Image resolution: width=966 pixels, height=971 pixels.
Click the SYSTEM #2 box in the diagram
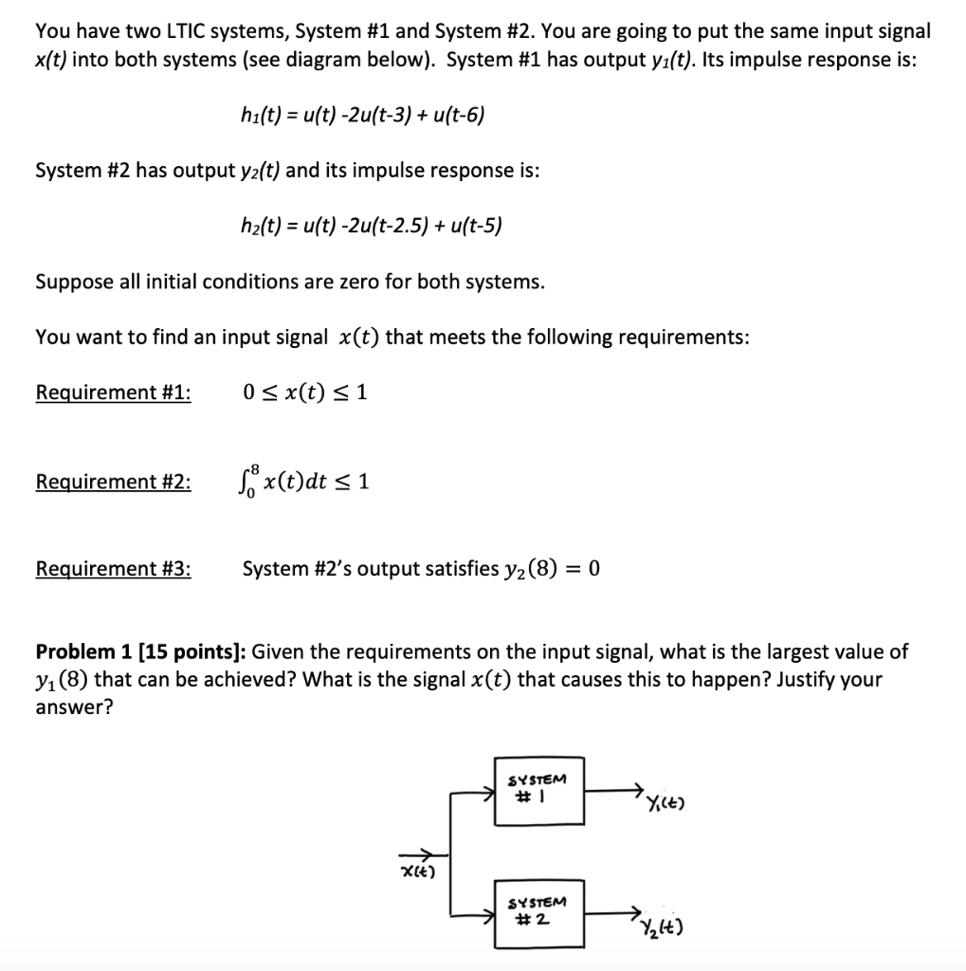pos(538,911)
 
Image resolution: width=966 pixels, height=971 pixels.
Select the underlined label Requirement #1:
pos(113,393)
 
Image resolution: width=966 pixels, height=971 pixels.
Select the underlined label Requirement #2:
pos(113,482)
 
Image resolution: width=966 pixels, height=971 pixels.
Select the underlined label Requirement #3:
pos(113,569)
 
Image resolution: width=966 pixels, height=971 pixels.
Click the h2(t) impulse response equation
pos(372,226)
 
